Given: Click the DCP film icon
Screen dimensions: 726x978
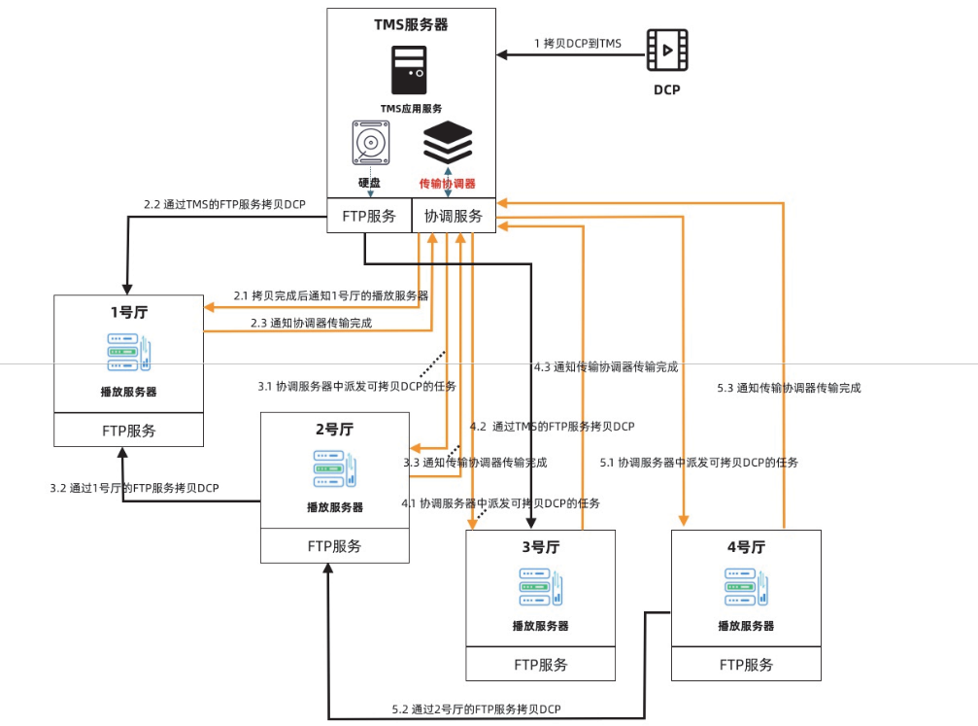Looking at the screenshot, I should pyautogui.click(x=667, y=50).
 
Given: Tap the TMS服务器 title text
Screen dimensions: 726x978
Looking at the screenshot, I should pyautogui.click(x=411, y=24).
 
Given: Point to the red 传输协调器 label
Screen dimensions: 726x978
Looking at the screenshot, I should pyautogui.click(x=447, y=183).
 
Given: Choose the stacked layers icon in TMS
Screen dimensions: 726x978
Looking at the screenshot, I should pyautogui.click(x=448, y=143).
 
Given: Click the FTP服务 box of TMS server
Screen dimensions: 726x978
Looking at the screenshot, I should pyautogui.click(x=368, y=217).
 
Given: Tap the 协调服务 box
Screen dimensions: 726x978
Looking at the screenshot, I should pyautogui.click(x=454, y=217).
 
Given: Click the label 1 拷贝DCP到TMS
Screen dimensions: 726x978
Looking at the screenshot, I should pyautogui.click(x=578, y=43).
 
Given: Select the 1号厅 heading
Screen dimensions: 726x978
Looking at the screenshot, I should pyautogui.click(x=128, y=313).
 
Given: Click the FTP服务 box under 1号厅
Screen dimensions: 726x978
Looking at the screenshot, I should pyautogui.click(x=128, y=430).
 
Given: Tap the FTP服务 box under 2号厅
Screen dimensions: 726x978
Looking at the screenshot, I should pyautogui.click(x=334, y=545).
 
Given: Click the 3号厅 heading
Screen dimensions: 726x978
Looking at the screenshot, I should pyautogui.click(x=541, y=547).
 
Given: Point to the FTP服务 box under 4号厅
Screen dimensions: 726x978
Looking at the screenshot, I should pyautogui.click(x=746, y=665).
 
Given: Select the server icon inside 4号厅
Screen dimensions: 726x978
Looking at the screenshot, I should pyautogui.click(x=746, y=588).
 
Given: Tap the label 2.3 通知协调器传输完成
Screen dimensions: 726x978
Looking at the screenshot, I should pyautogui.click(x=311, y=323).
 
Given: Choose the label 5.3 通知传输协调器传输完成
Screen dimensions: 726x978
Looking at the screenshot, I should pyautogui.click(x=789, y=387).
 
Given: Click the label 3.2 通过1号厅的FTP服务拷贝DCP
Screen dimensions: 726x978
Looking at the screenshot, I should pyautogui.click(x=134, y=488).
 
